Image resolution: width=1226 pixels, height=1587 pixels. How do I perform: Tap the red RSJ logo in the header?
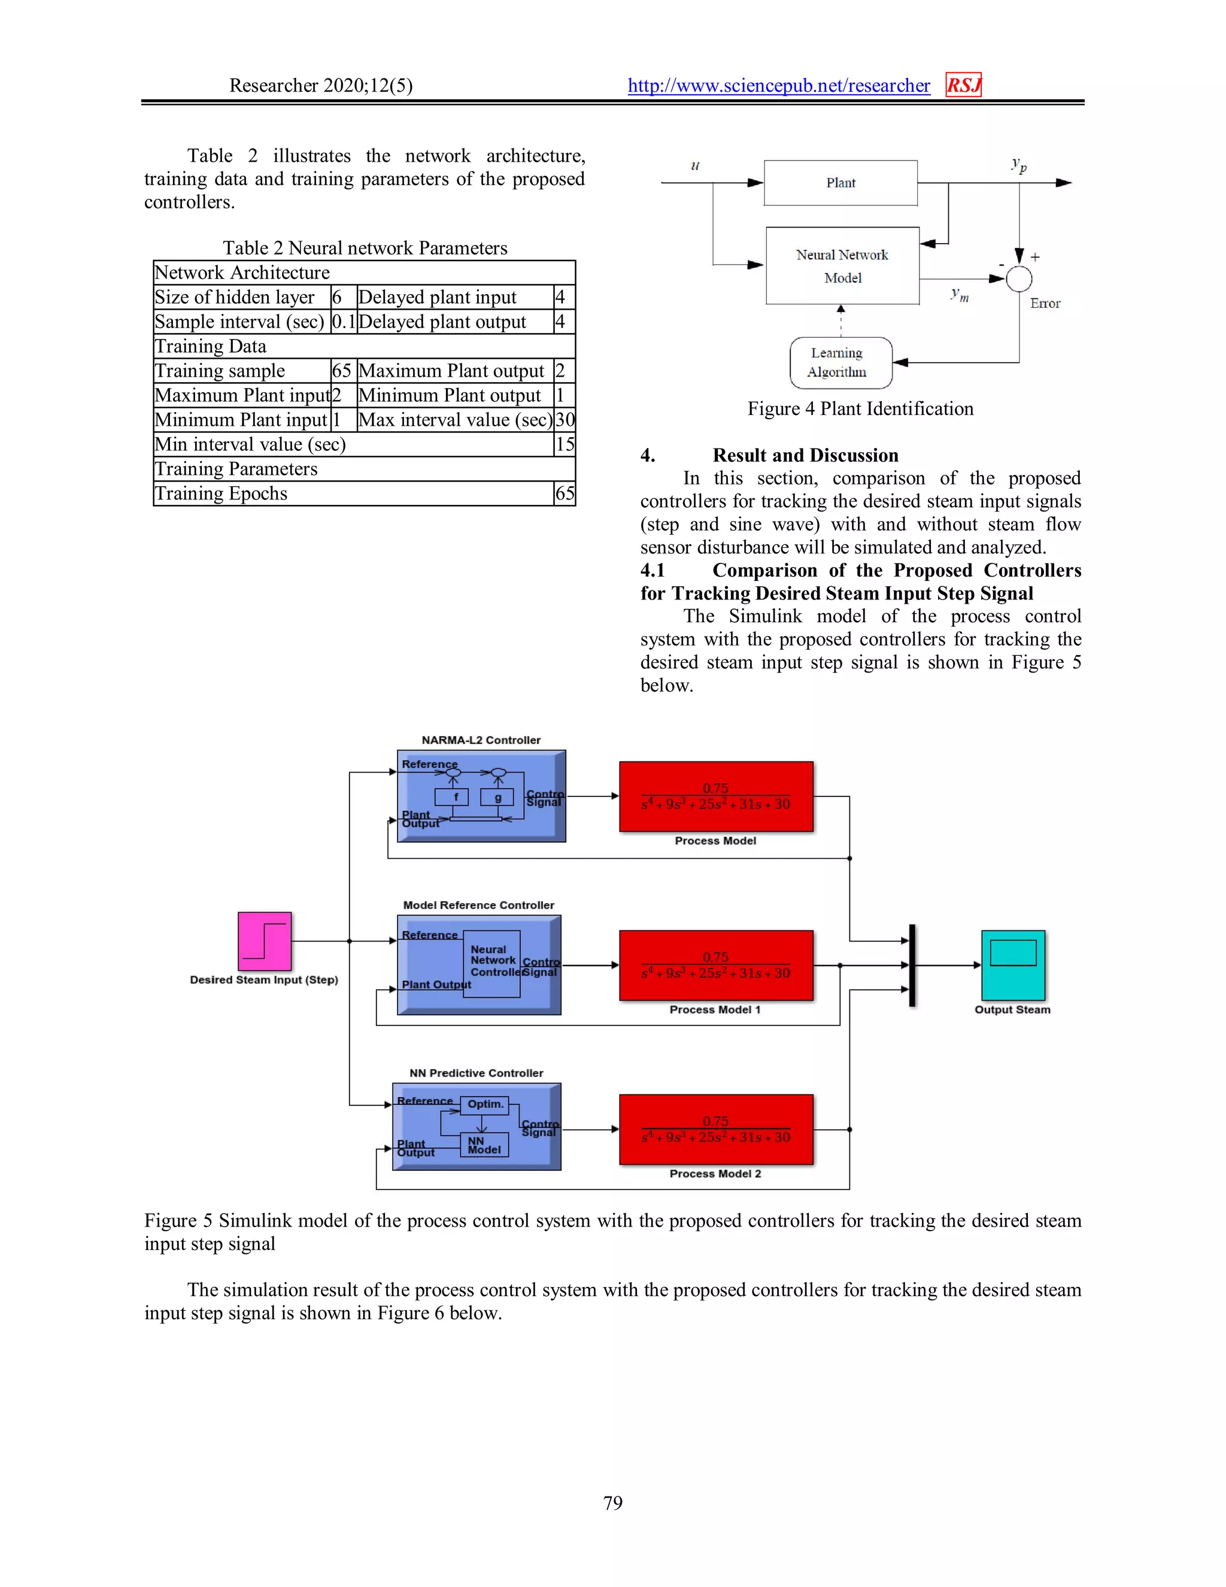pyautogui.click(x=963, y=85)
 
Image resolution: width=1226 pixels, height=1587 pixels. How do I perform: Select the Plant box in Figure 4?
pyautogui.click(x=840, y=183)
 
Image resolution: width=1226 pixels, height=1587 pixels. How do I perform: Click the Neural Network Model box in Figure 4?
pyautogui.click(x=842, y=266)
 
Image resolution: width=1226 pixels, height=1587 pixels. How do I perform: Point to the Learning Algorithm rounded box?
pyautogui.click(x=840, y=362)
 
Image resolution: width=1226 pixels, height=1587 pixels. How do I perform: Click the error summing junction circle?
pyautogui.click(x=1019, y=278)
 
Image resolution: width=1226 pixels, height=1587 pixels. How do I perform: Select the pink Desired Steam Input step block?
pyautogui.click(x=265, y=940)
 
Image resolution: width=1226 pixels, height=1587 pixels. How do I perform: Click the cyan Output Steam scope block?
pyautogui.click(x=1012, y=965)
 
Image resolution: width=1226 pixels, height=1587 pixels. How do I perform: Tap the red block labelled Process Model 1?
pyautogui.click(x=715, y=965)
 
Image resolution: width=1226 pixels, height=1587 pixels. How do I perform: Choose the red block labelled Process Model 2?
pyautogui.click(x=715, y=1129)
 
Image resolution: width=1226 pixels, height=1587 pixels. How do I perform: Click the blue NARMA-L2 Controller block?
pyautogui.click(x=481, y=796)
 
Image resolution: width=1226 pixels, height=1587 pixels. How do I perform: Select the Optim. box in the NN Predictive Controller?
pyautogui.click(x=485, y=1104)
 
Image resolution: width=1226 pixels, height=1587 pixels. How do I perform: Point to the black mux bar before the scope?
pyautogui.click(x=912, y=965)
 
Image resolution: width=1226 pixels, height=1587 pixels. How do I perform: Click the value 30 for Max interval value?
pyautogui.click(x=565, y=420)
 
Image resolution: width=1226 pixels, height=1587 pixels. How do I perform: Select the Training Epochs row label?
pyautogui.click(x=221, y=494)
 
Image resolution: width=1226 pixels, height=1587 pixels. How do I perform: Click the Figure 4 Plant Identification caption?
pyautogui.click(x=860, y=409)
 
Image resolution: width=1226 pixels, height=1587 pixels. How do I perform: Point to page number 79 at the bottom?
pyautogui.click(x=612, y=1503)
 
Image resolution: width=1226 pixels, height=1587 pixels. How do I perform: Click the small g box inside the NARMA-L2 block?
pyautogui.click(x=497, y=797)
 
